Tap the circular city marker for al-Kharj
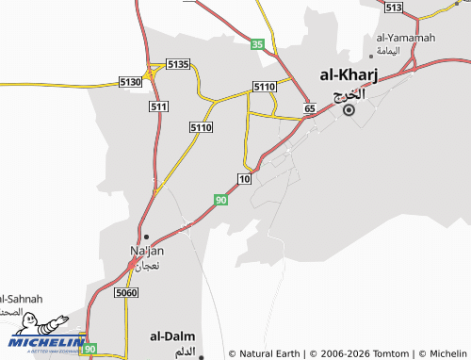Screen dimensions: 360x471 tap(349, 110)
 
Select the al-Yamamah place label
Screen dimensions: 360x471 tap(402, 37)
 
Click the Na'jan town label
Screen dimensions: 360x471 tap(146, 251)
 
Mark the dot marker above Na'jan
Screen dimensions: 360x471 tap(146, 237)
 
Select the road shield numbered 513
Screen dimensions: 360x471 tap(394, 8)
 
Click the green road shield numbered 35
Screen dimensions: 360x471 tap(257, 44)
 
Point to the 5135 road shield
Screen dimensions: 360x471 tap(178, 64)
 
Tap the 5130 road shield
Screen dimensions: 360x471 tap(131, 83)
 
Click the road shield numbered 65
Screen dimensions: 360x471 tap(309, 110)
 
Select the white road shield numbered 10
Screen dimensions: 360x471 tap(245, 179)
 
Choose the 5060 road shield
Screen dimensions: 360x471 tap(125, 293)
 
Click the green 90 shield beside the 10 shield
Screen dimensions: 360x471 tap(220, 200)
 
